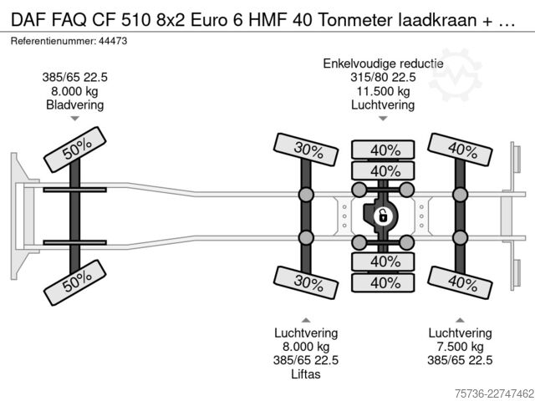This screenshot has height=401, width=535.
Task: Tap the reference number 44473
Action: click(x=113, y=41)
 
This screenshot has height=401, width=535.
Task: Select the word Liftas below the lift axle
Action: click(x=306, y=374)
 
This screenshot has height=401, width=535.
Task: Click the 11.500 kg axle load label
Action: click(x=383, y=91)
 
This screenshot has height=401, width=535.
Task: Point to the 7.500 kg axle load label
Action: click(x=460, y=347)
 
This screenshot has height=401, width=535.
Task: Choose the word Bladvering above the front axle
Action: click(x=74, y=104)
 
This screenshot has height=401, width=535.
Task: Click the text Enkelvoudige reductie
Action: click(x=383, y=63)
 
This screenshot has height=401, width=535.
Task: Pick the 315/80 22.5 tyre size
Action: click(x=383, y=78)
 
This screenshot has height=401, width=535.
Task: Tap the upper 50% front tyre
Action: click(x=75, y=150)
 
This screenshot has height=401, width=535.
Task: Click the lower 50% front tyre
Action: click(x=75, y=282)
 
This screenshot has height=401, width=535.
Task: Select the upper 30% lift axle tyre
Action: click(x=306, y=150)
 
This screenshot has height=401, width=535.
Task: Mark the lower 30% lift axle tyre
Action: click(x=306, y=282)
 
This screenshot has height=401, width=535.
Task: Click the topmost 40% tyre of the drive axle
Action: click(x=383, y=150)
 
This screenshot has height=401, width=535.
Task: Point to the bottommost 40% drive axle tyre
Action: click(x=383, y=282)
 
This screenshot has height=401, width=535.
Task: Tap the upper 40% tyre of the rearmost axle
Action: click(x=460, y=150)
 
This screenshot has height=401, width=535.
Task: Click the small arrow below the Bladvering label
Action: click(x=74, y=119)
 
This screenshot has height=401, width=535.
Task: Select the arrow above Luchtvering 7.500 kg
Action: click(x=460, y=320)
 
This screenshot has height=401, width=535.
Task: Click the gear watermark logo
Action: click(x=455, y=74)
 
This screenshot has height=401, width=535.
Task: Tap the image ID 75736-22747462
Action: click(x=494, y=393)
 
